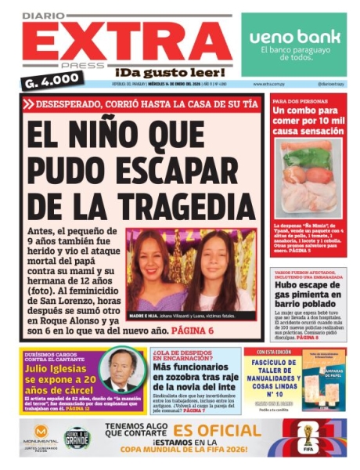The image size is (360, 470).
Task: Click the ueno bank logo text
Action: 293,36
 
